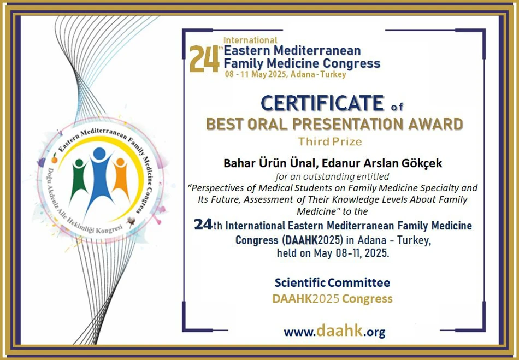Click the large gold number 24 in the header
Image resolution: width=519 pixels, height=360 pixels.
coord(204,59)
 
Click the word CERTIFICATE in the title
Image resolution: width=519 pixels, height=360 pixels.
coord(322,103)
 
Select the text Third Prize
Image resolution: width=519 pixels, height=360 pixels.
coord(330,141)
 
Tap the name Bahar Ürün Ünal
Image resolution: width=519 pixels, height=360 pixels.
coord(267,163)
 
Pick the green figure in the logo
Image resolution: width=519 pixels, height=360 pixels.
coord(79,181)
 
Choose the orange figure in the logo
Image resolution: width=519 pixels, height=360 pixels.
coord(120,179)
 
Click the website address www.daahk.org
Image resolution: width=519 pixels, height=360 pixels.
coord(334,331)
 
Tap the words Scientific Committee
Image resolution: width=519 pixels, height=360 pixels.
coord(332,282)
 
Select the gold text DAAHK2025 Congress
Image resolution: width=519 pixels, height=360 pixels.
coord(332,298)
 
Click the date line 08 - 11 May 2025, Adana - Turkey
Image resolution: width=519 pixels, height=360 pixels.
coord(286,74)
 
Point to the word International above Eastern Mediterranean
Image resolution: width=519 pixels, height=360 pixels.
coord(250,40)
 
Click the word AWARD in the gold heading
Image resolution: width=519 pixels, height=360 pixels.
coord(435,124)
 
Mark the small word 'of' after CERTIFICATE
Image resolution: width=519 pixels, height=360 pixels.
coord(397,107)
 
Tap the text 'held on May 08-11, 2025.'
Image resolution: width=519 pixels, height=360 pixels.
coord(333,253)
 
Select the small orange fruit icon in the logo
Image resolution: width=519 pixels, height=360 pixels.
coord(55,158)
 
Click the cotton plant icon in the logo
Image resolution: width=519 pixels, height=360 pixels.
coord(131,221)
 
